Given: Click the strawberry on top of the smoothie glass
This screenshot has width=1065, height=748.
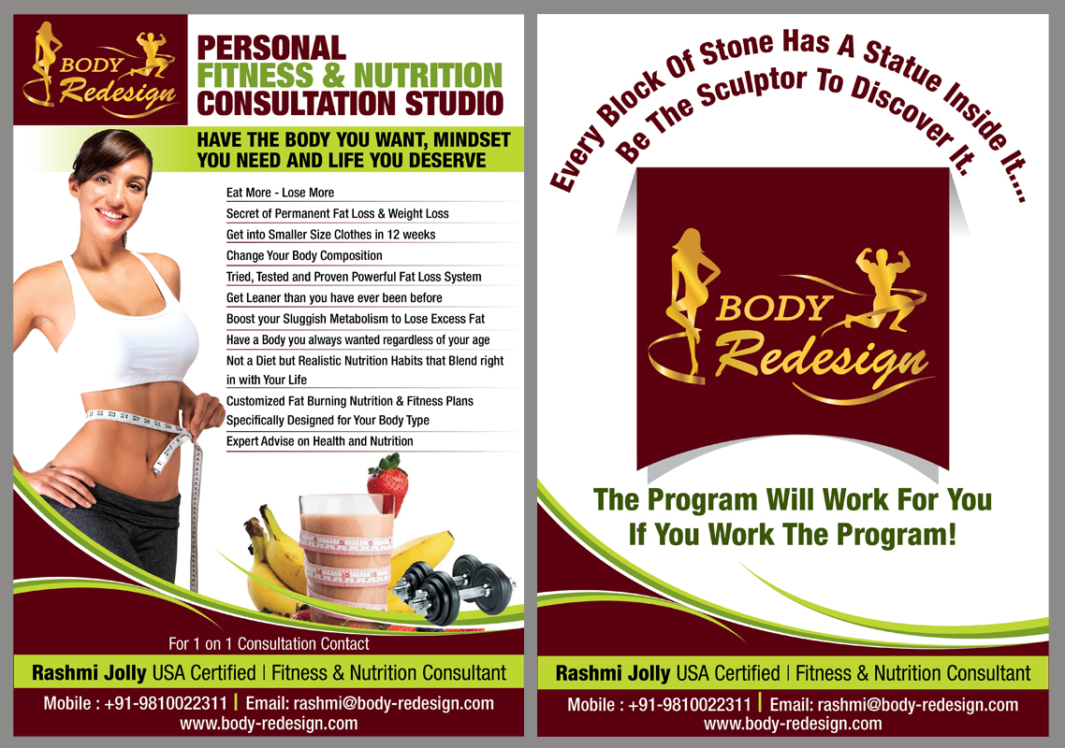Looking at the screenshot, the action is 387,484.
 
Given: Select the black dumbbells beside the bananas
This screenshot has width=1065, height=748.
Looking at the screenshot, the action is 454,588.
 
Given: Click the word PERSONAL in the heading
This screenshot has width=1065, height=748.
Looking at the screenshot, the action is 271,49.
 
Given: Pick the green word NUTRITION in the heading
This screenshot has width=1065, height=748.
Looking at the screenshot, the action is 428,76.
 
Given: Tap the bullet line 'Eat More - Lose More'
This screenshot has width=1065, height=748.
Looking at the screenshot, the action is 280,193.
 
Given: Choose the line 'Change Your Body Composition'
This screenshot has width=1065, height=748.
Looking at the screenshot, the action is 304,256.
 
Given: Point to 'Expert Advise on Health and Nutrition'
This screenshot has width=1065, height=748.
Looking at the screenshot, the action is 320,441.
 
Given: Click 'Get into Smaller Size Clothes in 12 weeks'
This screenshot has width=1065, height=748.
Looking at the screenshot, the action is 330,235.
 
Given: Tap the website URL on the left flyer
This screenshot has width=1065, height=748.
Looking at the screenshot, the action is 269,724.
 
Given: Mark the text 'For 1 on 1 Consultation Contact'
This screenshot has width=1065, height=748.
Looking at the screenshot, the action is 269,643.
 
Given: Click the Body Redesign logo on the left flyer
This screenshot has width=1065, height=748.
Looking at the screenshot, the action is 100,70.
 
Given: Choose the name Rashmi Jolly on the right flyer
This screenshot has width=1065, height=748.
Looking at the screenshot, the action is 613,673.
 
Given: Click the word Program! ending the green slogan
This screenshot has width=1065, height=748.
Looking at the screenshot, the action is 897,534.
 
